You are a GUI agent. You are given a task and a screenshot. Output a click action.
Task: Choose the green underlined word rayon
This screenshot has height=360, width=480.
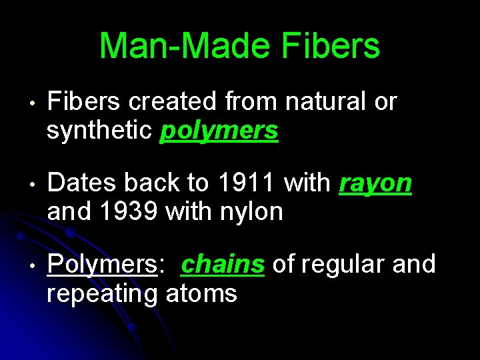pyautogui.click(x=375, y=183)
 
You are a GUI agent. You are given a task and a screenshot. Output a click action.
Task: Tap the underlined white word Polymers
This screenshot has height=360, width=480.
pyautogui.click(x=101, y=265)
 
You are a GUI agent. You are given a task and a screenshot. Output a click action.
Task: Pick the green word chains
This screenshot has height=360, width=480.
pyautogui.click(x=223, y=264)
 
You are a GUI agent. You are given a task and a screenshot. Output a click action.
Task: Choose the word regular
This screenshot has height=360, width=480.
pyautogui.click(x=343, y=264)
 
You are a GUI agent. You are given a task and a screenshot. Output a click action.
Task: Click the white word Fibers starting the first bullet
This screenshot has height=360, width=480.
pyautogui.click(x=84, y=102)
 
